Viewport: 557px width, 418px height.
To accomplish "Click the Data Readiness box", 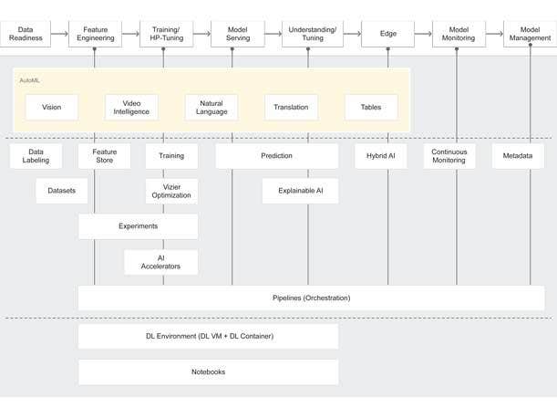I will pos(26,34).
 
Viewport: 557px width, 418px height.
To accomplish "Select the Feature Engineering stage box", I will pos(96,34).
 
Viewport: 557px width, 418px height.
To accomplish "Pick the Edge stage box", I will pos(387,34).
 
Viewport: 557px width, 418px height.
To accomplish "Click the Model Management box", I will pos(530,34).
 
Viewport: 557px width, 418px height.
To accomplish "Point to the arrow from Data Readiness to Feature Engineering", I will pos(60,34).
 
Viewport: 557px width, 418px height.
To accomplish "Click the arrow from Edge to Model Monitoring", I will pos(422,34).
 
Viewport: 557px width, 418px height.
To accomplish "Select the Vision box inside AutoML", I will pos(51,107).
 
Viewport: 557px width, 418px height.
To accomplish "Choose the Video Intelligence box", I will pos(131,107).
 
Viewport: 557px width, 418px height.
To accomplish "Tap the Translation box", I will pos(291,107).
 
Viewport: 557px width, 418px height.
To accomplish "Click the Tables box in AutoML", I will pos(371,107).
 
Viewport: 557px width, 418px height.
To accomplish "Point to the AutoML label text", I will pos(29,80).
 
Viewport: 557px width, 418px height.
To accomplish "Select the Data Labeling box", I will pos(36,156).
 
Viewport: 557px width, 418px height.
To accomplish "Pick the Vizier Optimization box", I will pos(171,190).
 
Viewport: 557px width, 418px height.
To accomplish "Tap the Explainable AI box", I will pos(300,190).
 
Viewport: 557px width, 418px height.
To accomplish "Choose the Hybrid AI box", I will pos(380,156).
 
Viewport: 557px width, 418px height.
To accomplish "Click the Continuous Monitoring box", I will pos(449,156).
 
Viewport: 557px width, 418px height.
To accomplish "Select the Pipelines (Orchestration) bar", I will pos(311,298).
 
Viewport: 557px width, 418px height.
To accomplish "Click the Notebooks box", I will pos(208,371).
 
